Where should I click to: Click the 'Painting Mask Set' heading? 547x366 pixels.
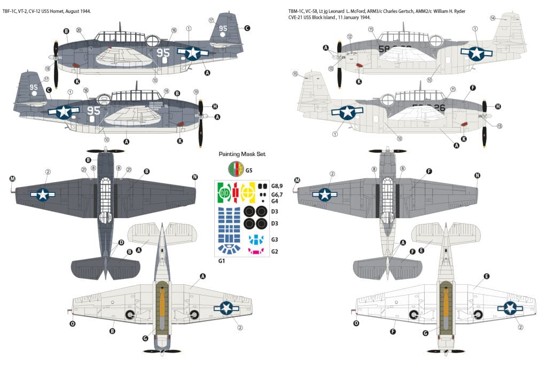[242, 154]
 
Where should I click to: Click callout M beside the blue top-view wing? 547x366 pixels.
[12, 178]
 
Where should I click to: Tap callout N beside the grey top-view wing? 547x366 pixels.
[477, 175]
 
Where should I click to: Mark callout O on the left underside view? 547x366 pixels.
[73, 323]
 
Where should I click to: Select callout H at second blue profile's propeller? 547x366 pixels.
[215, 106]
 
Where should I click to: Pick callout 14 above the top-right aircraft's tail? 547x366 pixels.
[493, 18]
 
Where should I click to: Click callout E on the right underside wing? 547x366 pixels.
[486, 276]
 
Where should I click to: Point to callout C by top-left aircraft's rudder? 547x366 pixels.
[247, 28]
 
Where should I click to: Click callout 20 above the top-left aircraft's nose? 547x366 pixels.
[79, 30]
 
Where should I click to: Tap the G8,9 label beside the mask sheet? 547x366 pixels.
[277, 186]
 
